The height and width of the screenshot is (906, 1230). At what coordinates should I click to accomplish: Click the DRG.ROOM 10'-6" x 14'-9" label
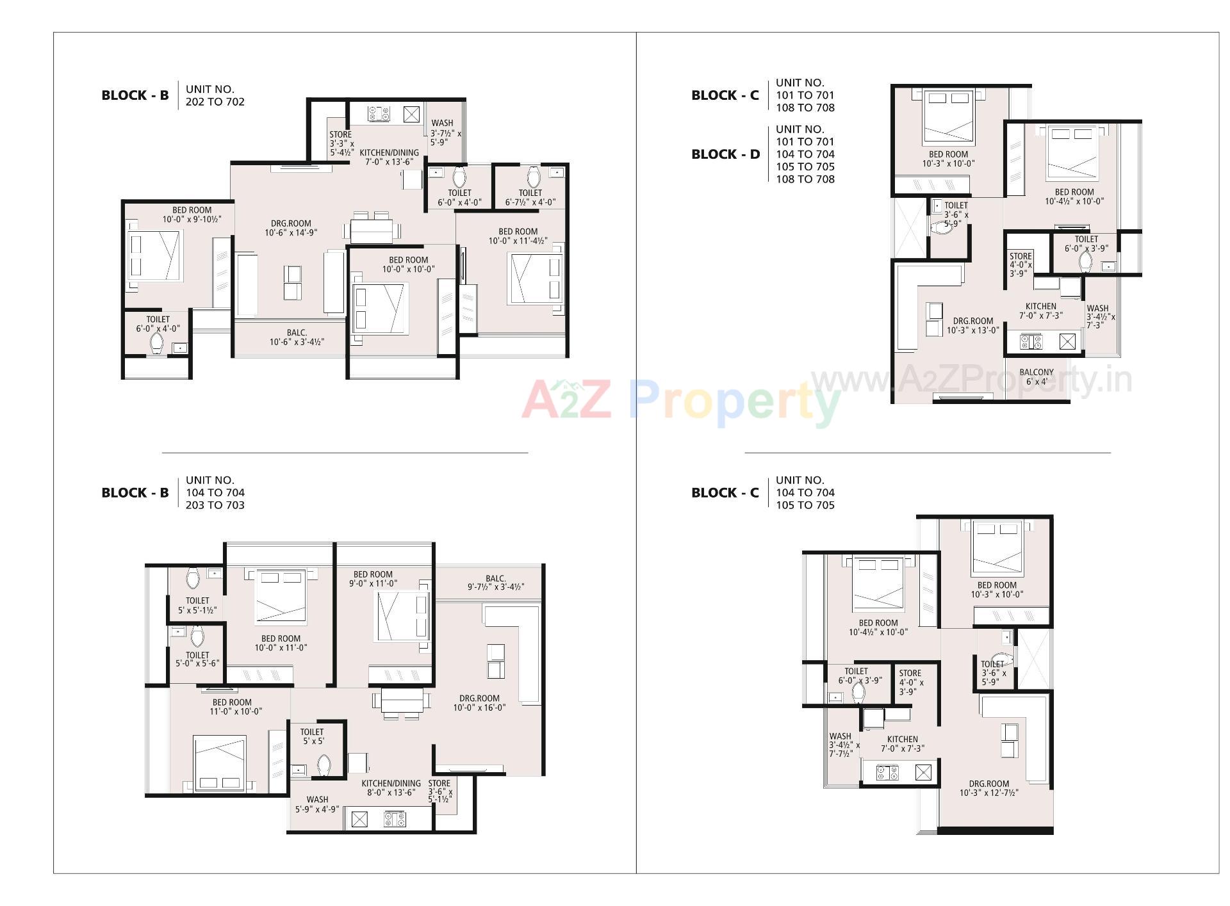click(x=291, y=229)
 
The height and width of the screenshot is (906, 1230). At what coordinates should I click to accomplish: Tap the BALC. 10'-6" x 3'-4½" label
click(x=297, y=337)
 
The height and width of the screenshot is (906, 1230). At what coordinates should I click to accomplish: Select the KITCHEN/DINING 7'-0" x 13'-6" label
click(x=389, y=157)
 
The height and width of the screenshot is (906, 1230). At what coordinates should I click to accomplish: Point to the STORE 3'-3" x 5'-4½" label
click(x=341, y=143)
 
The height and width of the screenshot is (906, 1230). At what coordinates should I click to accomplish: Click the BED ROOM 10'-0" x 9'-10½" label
click(x=192, y=214)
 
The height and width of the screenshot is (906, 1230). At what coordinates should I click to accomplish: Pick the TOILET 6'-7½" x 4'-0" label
click(x=530, y=197)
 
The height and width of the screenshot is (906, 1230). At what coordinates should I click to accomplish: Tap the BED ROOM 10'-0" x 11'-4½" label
click(x=518, y=236)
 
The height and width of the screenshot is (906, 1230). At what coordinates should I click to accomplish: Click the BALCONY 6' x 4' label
click(x=1036, y=376)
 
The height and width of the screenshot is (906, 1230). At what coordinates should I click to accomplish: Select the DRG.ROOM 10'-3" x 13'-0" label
click(x=972, y=326)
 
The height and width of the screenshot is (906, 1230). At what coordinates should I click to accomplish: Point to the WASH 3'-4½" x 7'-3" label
click(x=1100, y=316)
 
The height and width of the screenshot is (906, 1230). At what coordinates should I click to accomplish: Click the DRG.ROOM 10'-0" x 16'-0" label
click(x=479, y=703)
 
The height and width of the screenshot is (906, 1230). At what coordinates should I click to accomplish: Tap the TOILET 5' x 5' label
click(x=312, y=736)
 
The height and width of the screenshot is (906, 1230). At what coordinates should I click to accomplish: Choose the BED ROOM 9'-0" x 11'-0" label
click(x=373, y=579)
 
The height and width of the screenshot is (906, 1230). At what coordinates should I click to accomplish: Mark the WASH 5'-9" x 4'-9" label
click(x=317, y=804)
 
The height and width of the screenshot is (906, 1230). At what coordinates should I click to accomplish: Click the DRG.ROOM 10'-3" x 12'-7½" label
click(x=988, y=788)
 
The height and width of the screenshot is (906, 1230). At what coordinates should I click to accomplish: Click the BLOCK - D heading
click(x=725, y=154)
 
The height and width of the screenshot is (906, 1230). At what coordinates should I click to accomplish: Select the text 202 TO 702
click(x=215, y=102)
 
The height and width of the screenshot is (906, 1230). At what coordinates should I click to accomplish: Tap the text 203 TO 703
click(x=215, y=505)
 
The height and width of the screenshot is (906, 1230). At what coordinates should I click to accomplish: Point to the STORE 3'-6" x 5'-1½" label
click(x=440, y=791)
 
